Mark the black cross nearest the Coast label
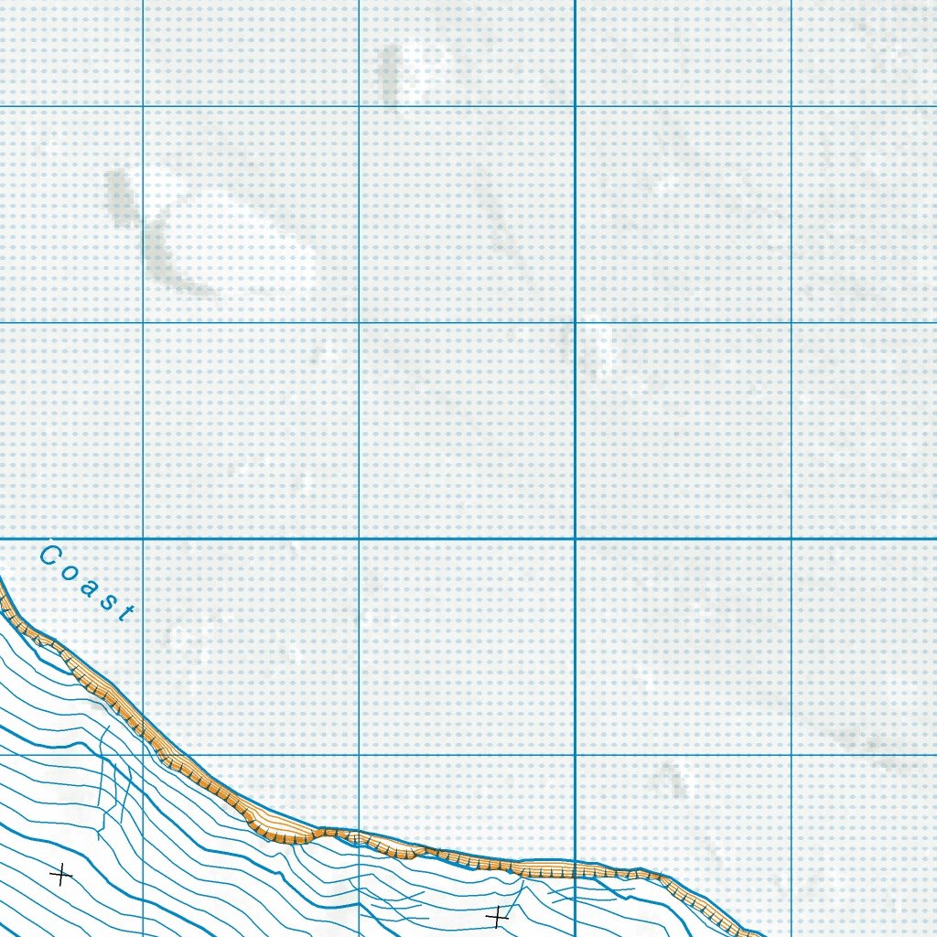pos(60,876)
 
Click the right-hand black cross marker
pos(497,914)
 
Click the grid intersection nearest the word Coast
pos(144,539)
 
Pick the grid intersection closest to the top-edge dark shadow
pos(359,107)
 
